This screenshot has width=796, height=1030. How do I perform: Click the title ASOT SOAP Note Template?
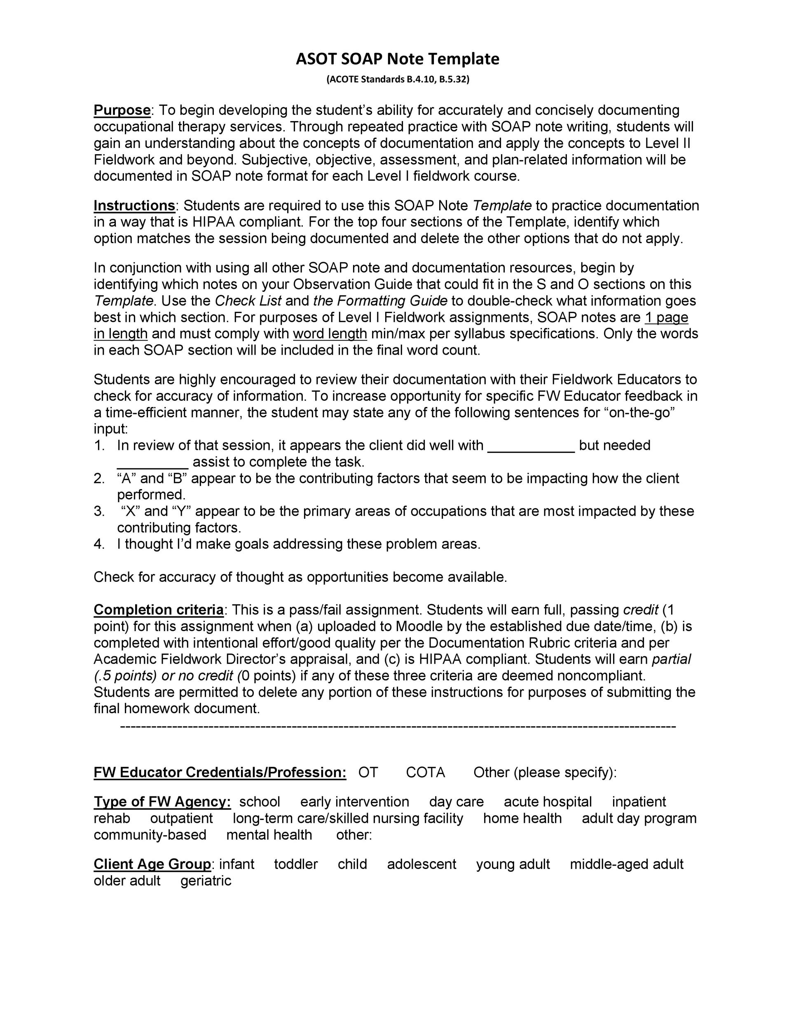click(397, 59)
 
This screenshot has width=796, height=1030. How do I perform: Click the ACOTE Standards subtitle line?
click(398, 79)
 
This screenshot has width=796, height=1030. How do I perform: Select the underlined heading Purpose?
click(122, 110)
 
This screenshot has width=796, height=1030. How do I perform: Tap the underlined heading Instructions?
click(134, 206)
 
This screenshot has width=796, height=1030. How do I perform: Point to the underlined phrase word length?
click(330, 334)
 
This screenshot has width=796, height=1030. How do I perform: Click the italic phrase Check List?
click(248, 301)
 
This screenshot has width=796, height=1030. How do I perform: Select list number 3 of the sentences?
click(99, 512)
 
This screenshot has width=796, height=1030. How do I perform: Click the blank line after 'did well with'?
click(531, 446)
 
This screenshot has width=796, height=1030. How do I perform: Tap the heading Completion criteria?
click(159, 610)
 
